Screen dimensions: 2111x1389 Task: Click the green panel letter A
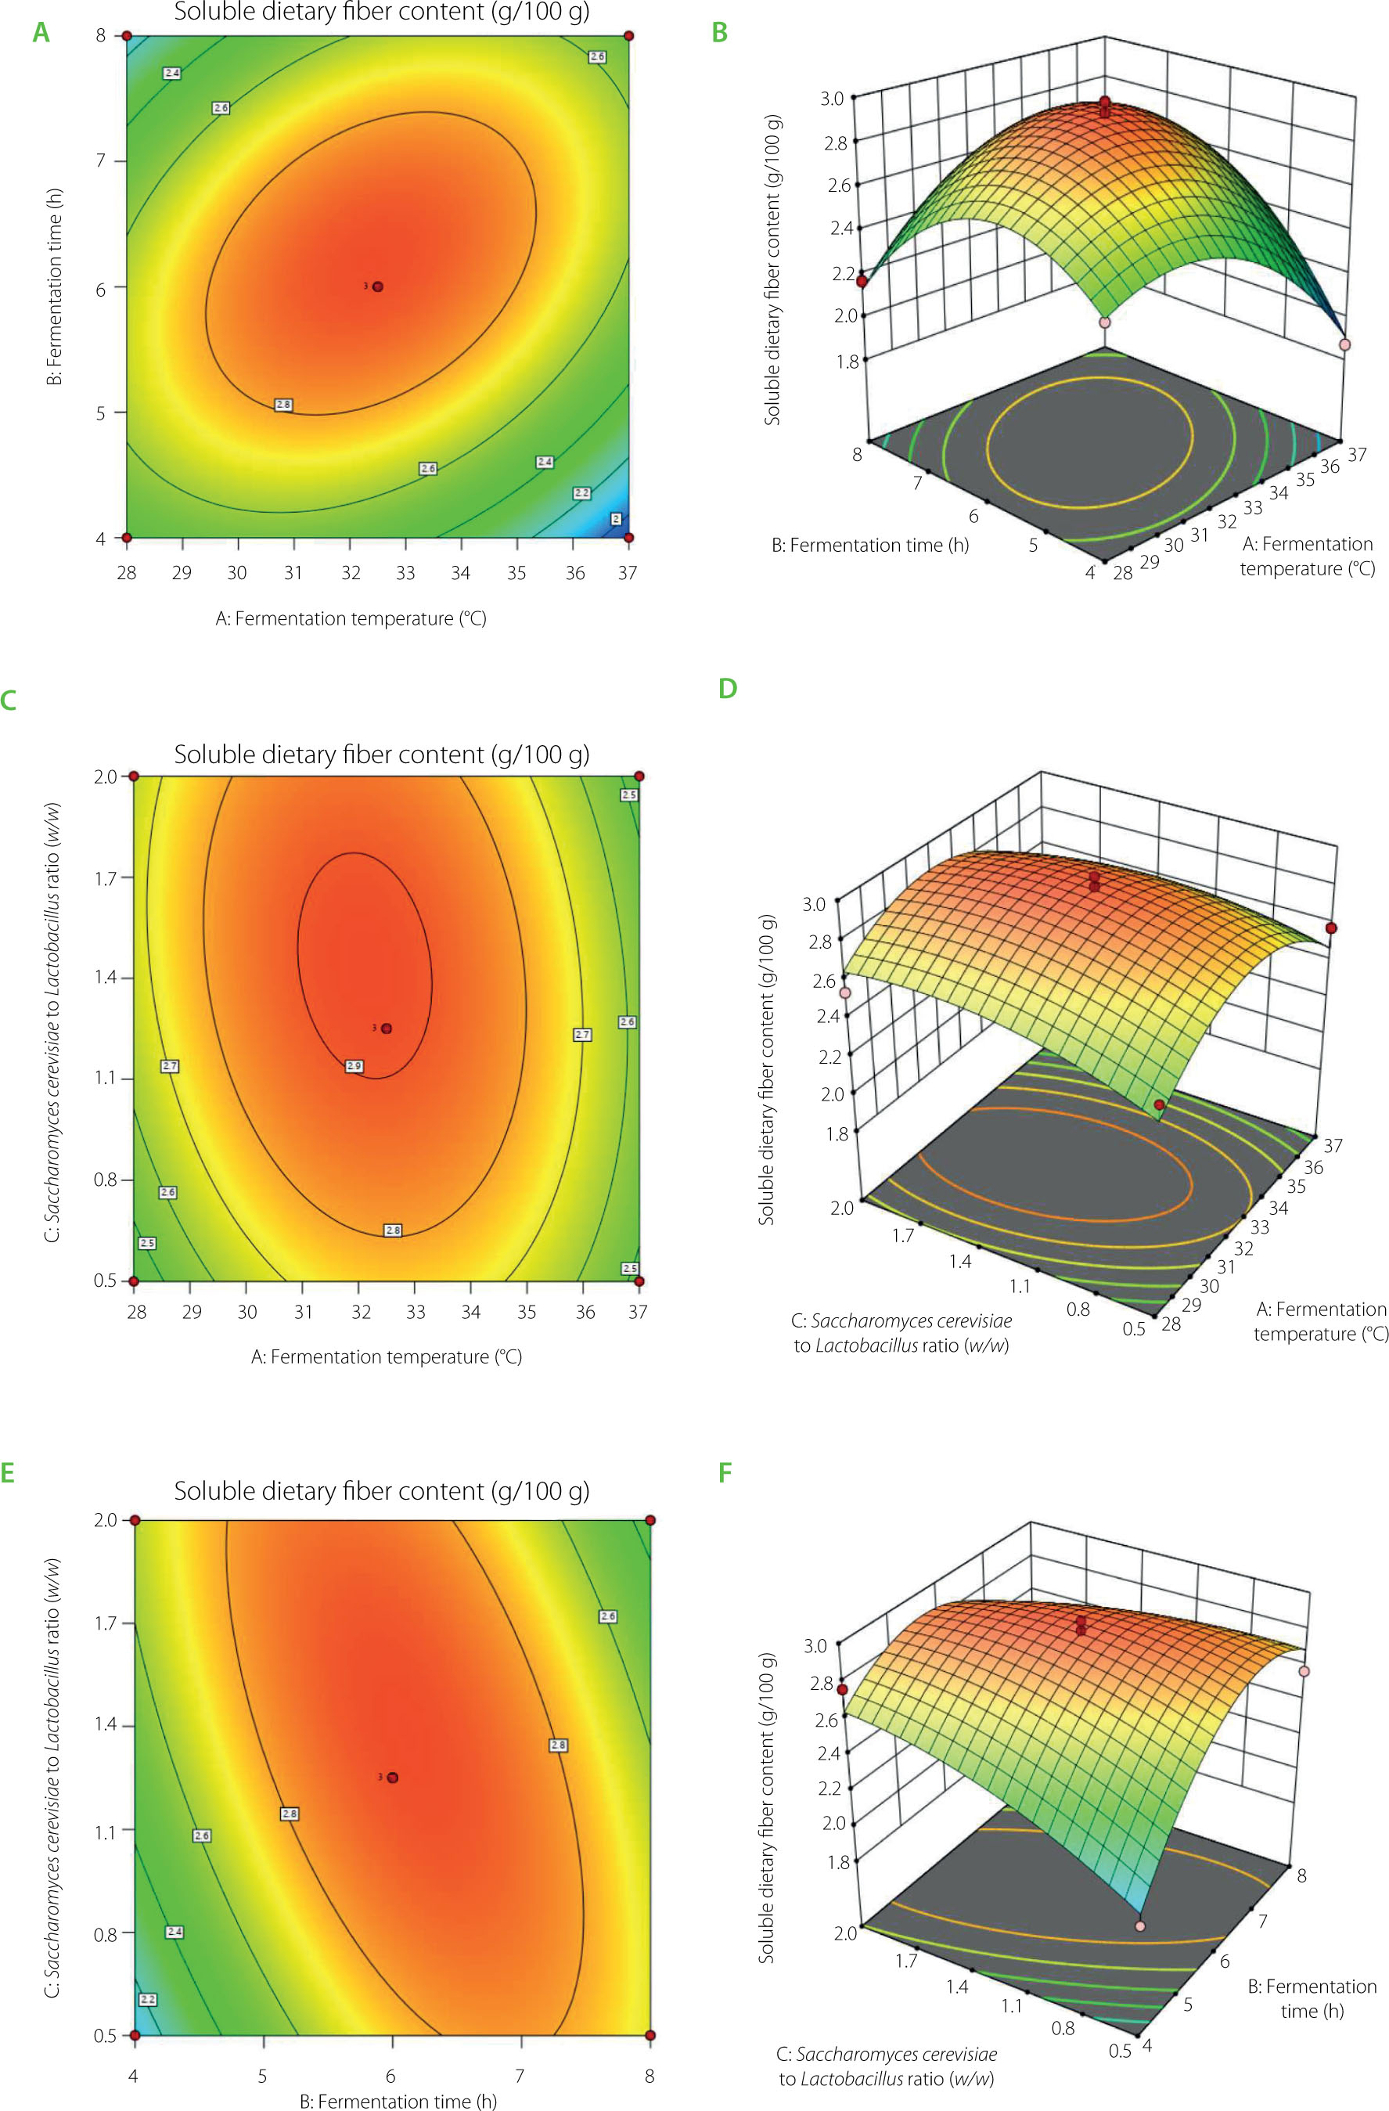tap(41, 33)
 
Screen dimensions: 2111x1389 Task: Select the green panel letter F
tap(725, 1472)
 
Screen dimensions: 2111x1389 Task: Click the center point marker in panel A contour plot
tap(378, 286)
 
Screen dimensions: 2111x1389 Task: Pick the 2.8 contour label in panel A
tap(284, 405)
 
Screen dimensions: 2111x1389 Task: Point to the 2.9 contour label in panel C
tap(354, 1066)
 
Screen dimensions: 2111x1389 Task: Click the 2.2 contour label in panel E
tap(148, 1999)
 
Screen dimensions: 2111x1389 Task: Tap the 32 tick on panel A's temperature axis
tap(351, 573)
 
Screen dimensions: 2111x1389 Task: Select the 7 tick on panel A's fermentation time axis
tap(100, 160)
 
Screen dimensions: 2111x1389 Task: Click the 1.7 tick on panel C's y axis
tap(106, 878)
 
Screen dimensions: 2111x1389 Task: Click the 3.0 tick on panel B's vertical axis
tap(832, 99)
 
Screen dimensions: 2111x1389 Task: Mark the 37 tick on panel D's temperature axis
tap(1332, 1145)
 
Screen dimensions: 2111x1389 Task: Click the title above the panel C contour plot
tap(381, 754)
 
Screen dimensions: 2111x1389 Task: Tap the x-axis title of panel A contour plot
tap(351, 618)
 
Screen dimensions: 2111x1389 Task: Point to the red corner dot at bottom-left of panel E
tap(135, 2035)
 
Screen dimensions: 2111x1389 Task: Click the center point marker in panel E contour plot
tap(393, 1778)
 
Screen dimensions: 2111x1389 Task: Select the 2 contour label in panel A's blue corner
tap(616, 519)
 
